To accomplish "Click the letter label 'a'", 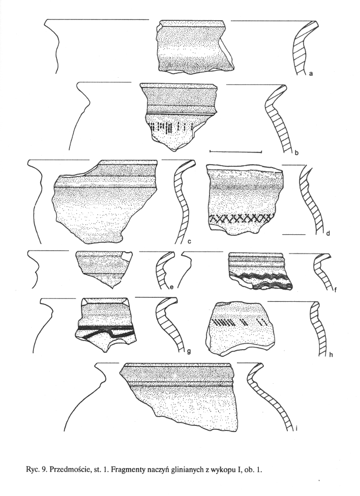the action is (x=311, y=74).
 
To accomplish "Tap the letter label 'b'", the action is (x=296, y=154).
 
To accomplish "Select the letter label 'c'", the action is (x=189, y=242).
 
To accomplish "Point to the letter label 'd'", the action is (x=328, y=234).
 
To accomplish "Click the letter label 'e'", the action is (x=171, y=287).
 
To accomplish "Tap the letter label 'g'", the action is (x=189, y=351).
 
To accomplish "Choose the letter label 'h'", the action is (x=331, y=355).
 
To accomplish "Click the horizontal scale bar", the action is (x=236, y=152).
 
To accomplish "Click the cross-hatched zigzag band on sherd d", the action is (x=241, y=219).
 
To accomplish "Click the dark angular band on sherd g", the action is (x=105, y=332).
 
